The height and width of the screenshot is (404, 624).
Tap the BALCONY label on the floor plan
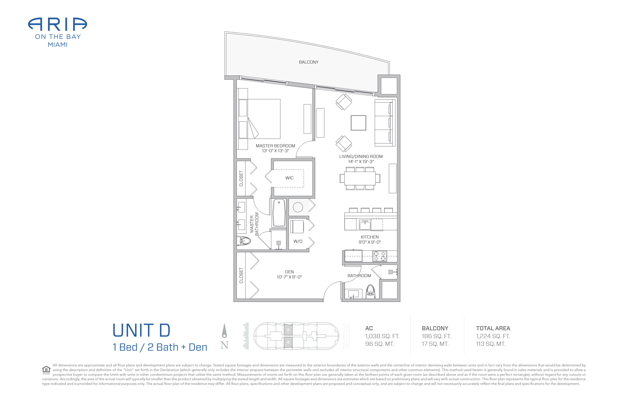coord(309,62)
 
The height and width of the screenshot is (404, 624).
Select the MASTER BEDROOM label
coord(275,146)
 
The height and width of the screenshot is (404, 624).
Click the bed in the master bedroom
coord(259,119)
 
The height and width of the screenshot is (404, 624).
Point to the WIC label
coord(289,178)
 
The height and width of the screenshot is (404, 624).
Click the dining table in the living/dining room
coord(360,178)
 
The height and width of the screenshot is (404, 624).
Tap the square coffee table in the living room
coord(358,123)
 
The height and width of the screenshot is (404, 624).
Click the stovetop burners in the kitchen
coord(380,256)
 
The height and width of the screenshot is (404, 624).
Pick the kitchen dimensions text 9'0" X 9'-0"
coord(370,242)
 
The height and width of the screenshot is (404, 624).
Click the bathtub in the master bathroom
coord(279,213)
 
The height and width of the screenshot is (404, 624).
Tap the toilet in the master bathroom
coord(244,241)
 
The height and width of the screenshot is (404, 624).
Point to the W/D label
coord(298,241)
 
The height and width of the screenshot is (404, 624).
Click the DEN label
coord(289,272)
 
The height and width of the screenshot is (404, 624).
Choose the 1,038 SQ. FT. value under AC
coord(382,336)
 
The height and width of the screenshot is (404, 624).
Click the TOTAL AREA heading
coord(493,328)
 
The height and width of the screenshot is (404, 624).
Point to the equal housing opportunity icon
coord(46,370)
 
